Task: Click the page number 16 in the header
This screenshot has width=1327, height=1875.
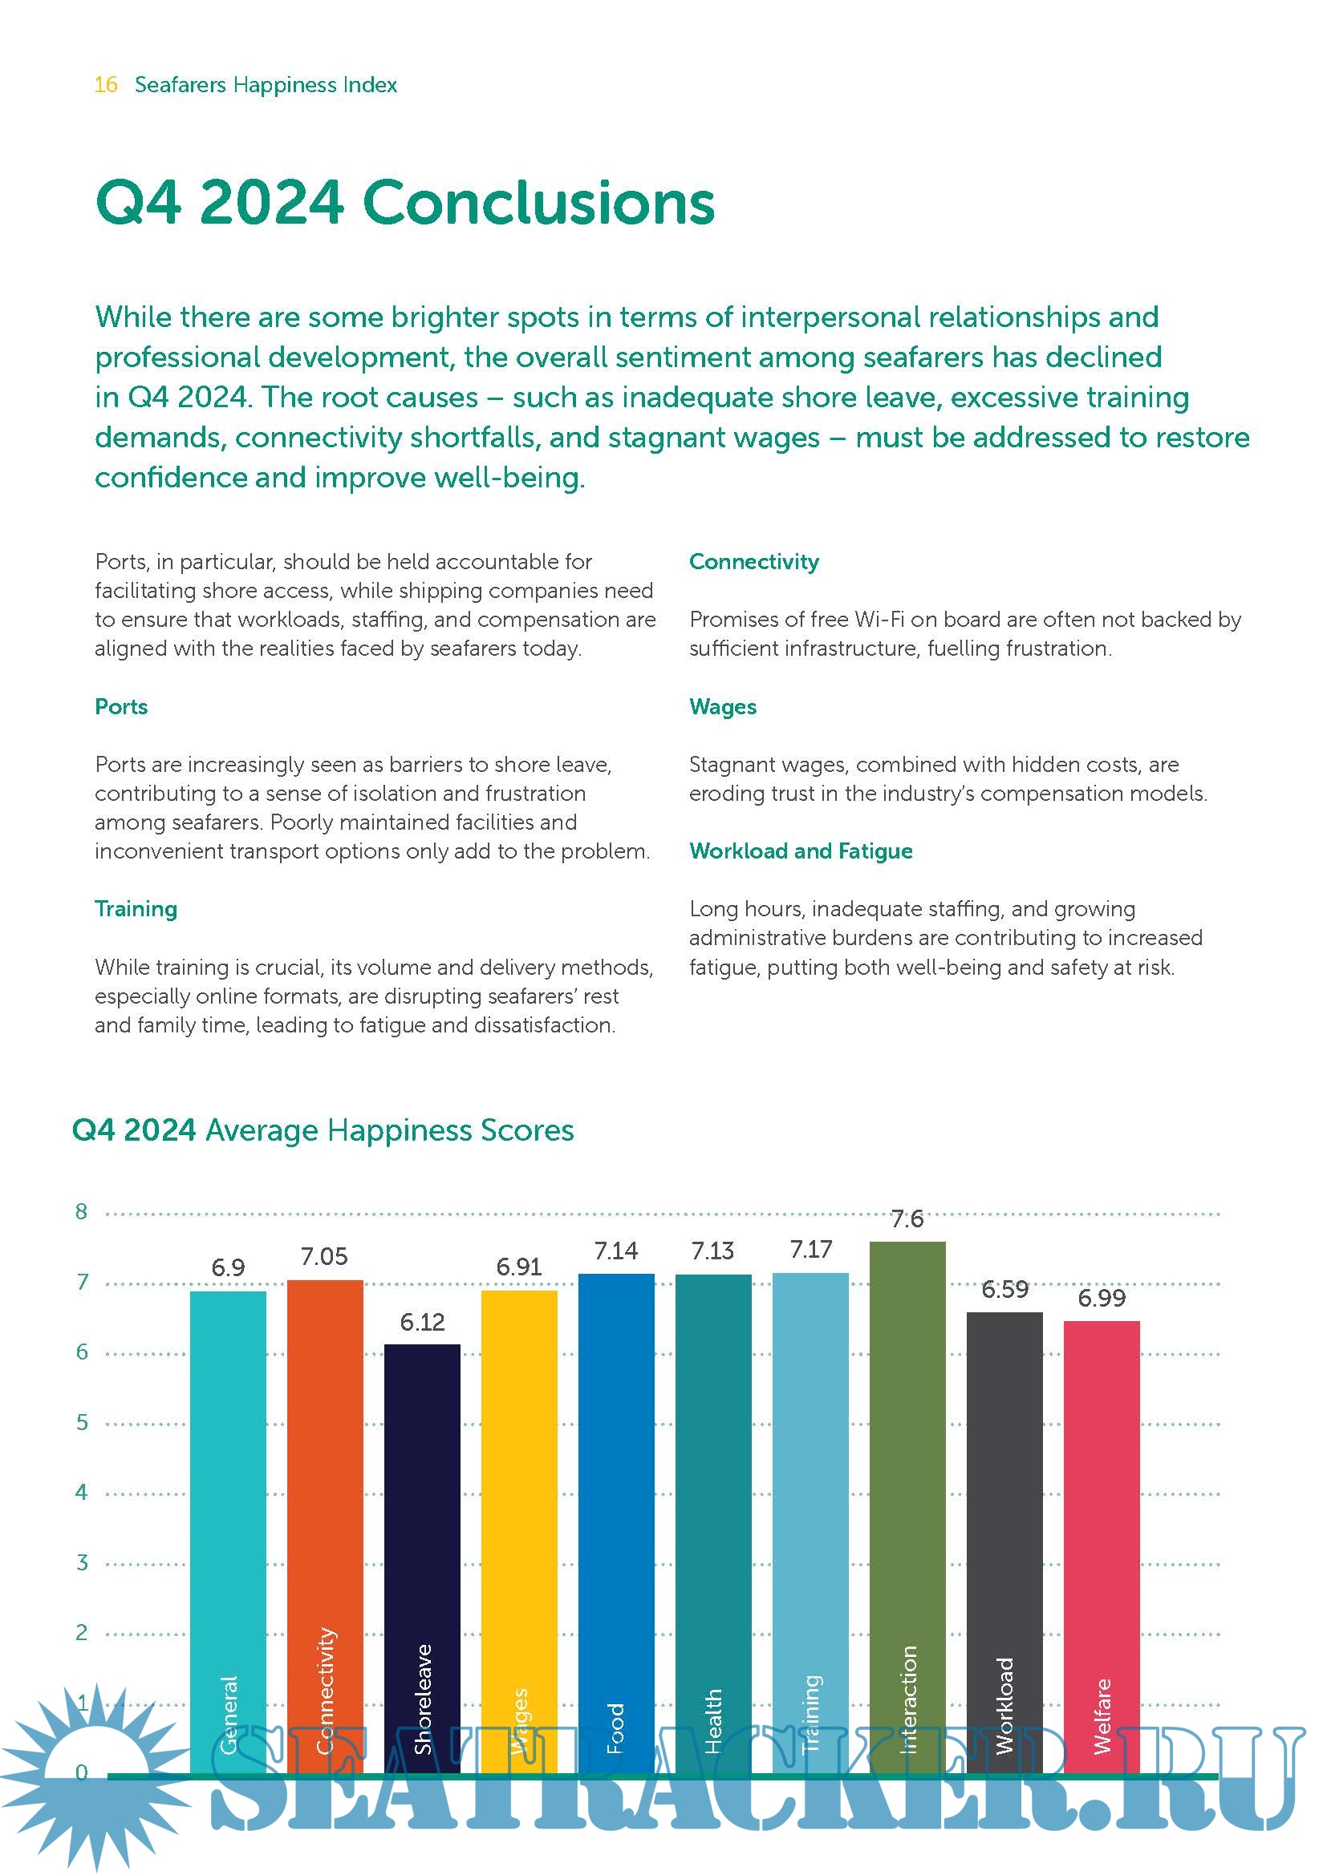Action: point(105,85)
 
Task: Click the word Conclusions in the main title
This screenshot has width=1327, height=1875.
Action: point(538,203)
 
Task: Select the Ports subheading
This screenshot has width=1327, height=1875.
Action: point(121,706)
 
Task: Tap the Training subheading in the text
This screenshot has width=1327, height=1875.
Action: point(136,909)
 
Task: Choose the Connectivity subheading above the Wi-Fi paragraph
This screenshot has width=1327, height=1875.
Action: point(753,562)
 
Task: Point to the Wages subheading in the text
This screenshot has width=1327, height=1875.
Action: point(722,706)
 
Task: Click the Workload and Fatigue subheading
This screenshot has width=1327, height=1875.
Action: point(801,851)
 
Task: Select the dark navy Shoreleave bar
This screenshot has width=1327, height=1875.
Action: point(422,1511)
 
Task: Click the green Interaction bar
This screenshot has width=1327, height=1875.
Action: point(907,1470)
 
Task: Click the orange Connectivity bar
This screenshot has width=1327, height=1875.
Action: point(324,1470)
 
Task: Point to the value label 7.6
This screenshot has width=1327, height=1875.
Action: point(907,1219)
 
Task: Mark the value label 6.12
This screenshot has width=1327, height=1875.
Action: point(422,1322)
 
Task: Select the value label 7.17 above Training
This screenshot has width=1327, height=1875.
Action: point(810,1250)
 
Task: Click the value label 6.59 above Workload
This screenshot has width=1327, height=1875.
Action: point(1004,1290)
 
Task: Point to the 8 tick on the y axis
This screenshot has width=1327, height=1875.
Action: point(82,1212)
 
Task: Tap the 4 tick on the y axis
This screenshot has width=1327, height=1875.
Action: point(82,1492)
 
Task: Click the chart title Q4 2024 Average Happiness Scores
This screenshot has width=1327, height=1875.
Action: point(323,1130)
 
